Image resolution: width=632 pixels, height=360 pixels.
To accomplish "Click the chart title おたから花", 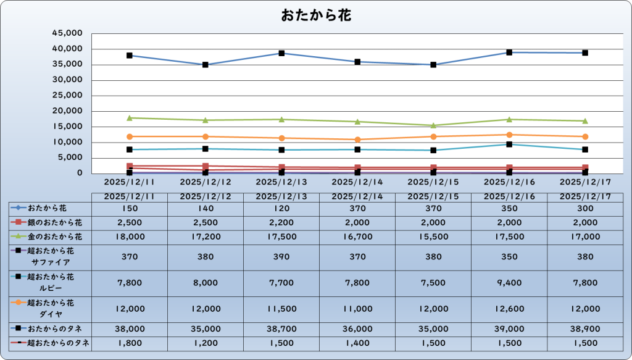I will coord(316,15).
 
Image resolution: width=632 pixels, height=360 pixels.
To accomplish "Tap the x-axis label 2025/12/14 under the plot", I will coord(357,183).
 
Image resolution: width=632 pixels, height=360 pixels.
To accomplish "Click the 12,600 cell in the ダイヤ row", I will coord(510,309).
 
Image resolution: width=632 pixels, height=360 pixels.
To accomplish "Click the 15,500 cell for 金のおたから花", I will coord(433,237).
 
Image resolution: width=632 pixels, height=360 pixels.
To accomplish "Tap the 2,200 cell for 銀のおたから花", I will coord(281,222).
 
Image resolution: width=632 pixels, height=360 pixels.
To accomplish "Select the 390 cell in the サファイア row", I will coord(281,256).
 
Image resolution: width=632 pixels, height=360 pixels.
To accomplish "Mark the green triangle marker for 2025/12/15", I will coord(433,125).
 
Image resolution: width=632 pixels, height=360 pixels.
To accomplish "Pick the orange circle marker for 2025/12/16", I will coord(509,135).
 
